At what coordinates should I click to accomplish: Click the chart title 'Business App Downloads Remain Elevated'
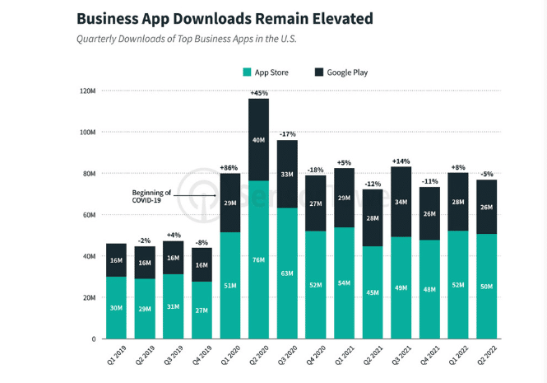[x=212, y=17]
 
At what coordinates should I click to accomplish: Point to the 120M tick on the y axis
[x=88, y=91]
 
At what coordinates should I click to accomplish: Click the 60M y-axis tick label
[x=89, y=215]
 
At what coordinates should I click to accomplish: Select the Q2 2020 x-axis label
[x=257, y=359]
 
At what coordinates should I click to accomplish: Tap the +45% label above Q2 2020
[x=259, y=93]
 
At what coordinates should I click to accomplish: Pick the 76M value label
[x=259, y=260]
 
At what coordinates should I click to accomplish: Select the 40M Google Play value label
[x=259, y=140]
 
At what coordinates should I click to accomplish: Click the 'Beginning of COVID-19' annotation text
[x=155, y=195]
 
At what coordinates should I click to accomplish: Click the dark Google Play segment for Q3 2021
[x=401, y=203]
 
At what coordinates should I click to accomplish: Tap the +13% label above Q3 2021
[x=401, y=161]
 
